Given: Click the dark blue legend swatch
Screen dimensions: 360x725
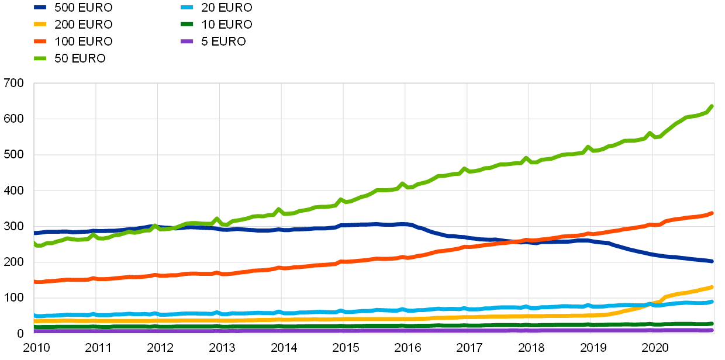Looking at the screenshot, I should tap(40, 8).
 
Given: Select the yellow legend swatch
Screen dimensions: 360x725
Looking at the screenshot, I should tap(40, 25).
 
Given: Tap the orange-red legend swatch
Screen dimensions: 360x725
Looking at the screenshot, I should tap(40, 41).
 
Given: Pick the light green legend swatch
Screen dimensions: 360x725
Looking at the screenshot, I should tap(40, 58).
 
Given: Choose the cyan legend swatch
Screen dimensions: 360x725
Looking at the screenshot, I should tap(187, 8).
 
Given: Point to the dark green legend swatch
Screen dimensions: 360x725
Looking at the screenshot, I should tap(187, 25).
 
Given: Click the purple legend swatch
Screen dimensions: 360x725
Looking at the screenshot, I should tap(187, 41).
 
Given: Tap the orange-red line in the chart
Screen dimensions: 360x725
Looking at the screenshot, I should tap(292, 268).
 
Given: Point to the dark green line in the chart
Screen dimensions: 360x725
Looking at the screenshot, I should tap(292, 326).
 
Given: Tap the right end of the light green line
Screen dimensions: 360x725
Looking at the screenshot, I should tap(712, 106).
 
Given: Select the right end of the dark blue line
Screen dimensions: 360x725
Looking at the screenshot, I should tap(712, 261).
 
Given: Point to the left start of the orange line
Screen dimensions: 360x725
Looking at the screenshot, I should tap(35, 282).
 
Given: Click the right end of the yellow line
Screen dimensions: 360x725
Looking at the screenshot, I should tap(712, 287).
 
